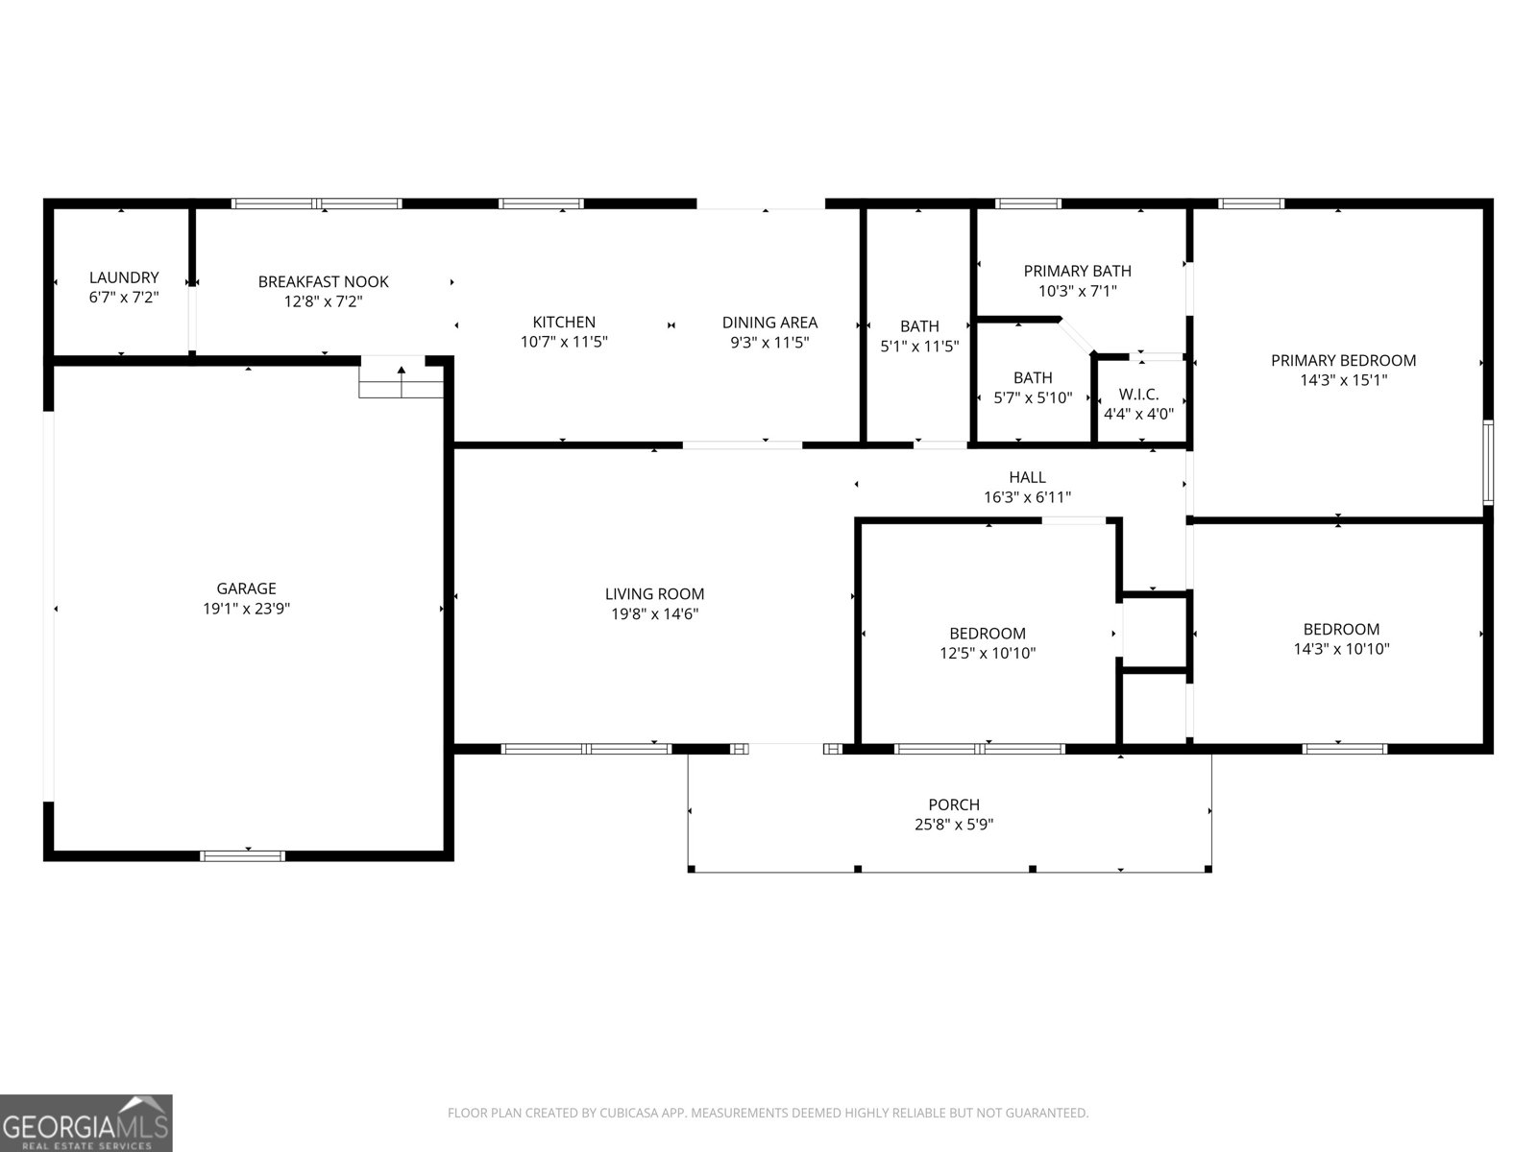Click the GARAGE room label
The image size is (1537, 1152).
[x=246, y=588]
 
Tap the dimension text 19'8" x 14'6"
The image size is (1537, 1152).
[x=654, y=614]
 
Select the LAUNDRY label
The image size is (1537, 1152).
[x=124, y=277]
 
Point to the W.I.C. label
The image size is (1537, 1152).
[x=1138, y=395]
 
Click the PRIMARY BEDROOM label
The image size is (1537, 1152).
[x=1343, y=360]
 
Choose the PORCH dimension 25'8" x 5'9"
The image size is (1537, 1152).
[x=953, y=825]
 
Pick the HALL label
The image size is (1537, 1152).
[x=1027, y=477]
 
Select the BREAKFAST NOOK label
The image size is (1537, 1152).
[x=323, y=281]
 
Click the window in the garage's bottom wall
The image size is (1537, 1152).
[x=243, y=855]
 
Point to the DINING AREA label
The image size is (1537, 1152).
[x=769, y=323]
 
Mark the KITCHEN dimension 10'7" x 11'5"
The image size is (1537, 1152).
[x=564, y=342]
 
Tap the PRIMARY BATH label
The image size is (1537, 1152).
[x=1077, y=271]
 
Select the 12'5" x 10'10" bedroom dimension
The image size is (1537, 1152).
[x=988, y=654]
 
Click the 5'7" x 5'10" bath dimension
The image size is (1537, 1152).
[x=1033, y=397]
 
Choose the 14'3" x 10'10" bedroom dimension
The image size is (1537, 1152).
[x=1341, y=649]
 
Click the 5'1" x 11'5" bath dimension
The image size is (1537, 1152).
[x=919, y=347]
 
